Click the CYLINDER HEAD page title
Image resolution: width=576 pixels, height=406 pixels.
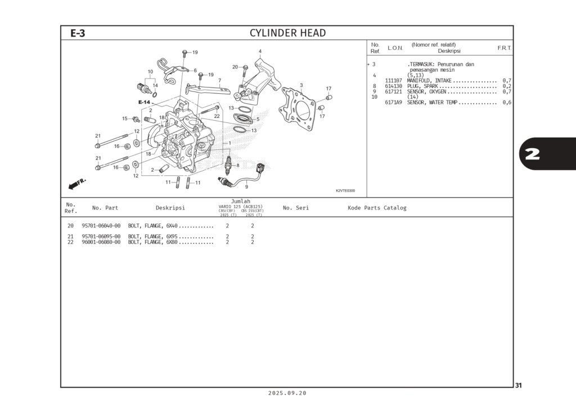tap(287, 33)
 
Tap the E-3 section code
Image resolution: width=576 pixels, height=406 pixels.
tap(78, 33)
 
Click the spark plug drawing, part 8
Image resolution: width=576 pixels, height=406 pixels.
tap(228, 165)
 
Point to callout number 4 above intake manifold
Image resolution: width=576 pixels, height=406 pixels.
tap(260, 52)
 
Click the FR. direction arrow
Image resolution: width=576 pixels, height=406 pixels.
tap(76, 184)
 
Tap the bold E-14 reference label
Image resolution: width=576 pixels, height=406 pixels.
tap(145, 102)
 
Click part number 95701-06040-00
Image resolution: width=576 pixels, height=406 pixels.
tap(101, 226)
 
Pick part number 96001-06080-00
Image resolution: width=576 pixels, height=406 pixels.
tap(101, 242)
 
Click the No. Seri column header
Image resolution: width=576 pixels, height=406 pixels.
tap(296, 208)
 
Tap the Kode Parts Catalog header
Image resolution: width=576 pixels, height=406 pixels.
tap(377, 208)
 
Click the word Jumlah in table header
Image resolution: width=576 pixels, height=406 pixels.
tap(241, 201)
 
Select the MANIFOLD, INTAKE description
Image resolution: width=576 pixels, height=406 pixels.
tap(429, 81)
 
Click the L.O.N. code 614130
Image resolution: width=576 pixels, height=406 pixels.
tap(394, 86)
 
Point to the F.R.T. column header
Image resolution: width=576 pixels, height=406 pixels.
tap(504, 48)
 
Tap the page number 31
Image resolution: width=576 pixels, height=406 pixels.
tap(519, 385)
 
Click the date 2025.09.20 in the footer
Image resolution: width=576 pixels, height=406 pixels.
tap(287, 393)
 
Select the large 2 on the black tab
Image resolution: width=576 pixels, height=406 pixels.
tap(532, 154)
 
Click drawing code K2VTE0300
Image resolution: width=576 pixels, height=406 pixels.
tap(345, 191)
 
